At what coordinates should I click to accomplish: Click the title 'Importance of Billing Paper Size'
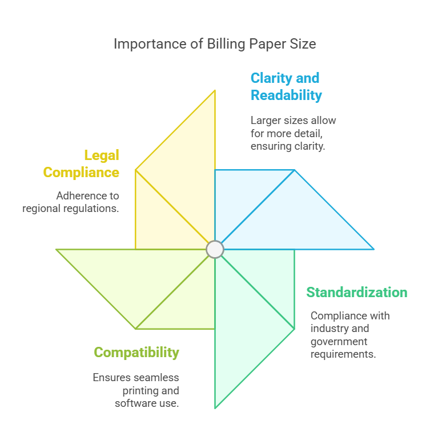tap(215, 44)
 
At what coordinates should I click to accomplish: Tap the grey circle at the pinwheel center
tap(215, 249)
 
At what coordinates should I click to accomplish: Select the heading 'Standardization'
tap(356, 293)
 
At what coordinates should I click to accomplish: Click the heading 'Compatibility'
tap(136, 353)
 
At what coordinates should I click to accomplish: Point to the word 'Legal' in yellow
tap(102, 155)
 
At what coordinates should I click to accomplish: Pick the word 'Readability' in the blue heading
tap(286, 95)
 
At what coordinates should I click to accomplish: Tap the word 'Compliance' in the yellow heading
tap(81, 173)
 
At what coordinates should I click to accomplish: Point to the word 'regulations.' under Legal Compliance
tap(91, 209)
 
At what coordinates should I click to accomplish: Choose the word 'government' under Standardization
tap(339, 341)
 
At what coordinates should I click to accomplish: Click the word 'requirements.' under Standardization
tap(343, 354)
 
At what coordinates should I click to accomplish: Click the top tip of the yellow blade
tap(215, 91)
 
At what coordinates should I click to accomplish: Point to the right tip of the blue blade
tap(373, 249)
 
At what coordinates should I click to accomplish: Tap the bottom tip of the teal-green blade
tap(215, 407)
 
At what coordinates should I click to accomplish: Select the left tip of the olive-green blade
tap(57, 250)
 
